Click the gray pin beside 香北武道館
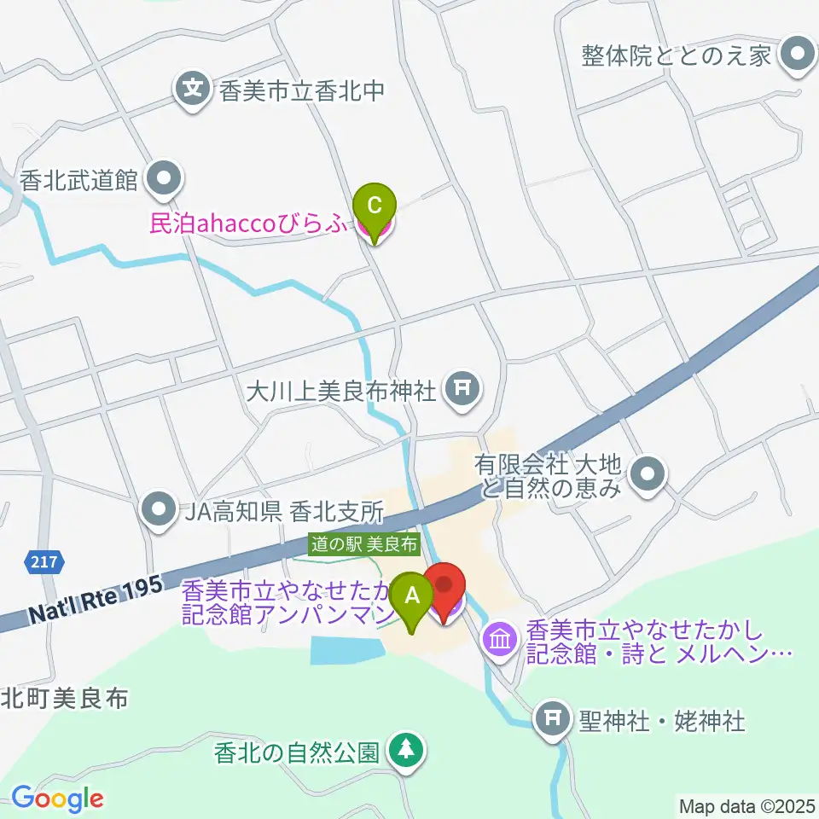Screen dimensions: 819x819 pos(164,179)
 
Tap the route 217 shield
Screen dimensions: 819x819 pos(37,562)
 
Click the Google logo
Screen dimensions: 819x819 pos(56,798)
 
